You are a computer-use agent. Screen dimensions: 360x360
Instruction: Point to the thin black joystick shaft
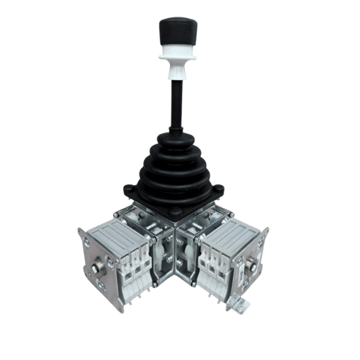[x=174, y=101]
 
